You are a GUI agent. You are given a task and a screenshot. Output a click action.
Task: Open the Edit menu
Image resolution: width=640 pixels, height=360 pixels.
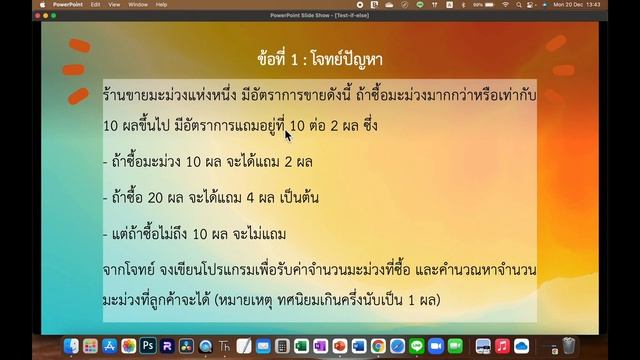tap(96, 4)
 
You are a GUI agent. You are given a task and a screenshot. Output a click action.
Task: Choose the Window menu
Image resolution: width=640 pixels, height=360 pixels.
tap(138, 4)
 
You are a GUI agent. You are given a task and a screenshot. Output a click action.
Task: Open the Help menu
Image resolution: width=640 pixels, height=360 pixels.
tap(161, 4)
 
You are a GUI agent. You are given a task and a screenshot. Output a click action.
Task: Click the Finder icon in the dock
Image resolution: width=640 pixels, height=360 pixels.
tap(71, 346)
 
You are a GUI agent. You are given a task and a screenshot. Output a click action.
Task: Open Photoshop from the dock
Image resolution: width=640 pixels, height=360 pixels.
tap(147, 346)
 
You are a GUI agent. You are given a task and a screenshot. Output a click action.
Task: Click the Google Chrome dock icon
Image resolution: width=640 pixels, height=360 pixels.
tap(378, 346)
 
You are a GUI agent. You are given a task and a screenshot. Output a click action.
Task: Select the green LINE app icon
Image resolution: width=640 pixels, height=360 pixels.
tap(416, 346)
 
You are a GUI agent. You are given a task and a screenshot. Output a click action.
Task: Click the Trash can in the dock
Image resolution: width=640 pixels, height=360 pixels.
tap(568, 346)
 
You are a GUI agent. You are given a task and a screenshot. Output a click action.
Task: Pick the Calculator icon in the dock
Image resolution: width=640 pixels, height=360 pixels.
tap(283, 346)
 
